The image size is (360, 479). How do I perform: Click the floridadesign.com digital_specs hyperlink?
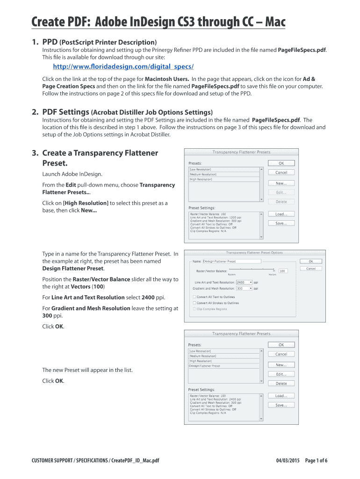(123, 66)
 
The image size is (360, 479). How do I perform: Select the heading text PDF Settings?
(66, 112)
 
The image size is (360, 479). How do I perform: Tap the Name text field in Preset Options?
(231, 261)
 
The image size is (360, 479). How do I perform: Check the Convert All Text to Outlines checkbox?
(194, 297)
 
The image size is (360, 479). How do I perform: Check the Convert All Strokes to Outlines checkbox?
(194, 303)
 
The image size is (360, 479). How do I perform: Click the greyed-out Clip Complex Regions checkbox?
(194, 309)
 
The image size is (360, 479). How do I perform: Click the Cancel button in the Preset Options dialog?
(311, 269)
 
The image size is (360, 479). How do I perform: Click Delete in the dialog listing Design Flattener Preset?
(281, 384)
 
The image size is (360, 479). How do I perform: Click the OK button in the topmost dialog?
(281, 163)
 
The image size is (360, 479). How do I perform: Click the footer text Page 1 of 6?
(316, 461)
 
